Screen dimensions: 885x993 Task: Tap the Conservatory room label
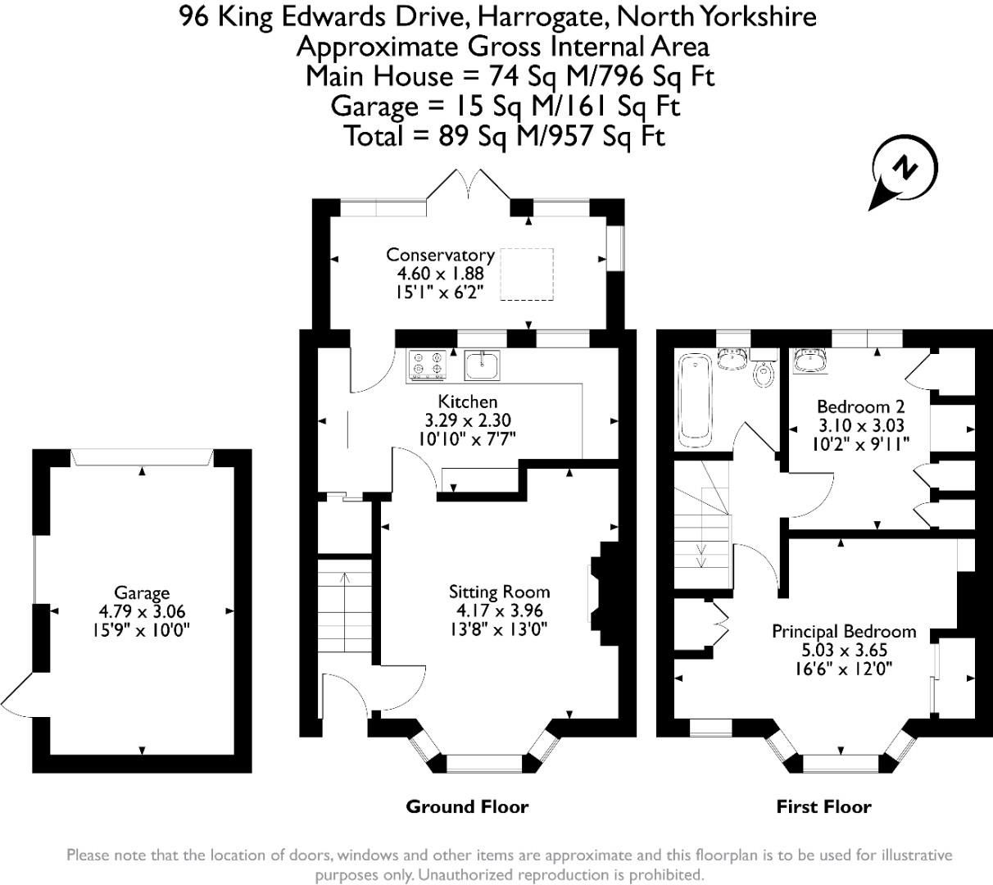click(x=440, y=255)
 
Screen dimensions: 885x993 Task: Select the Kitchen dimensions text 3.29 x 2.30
click(x=467, y=420)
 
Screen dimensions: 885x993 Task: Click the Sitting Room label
click(x=499, y=592)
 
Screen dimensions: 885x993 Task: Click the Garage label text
click(x=142, y=592)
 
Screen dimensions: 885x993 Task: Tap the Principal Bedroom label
click(x=844, y=632)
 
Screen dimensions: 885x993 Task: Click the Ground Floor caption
click(x=467, y=807)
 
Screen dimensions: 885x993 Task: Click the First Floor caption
click(x=823, y=807)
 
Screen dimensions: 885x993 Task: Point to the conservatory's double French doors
click(x=469, y=186)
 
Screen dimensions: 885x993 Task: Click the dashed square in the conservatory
click(x=528, y=275)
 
